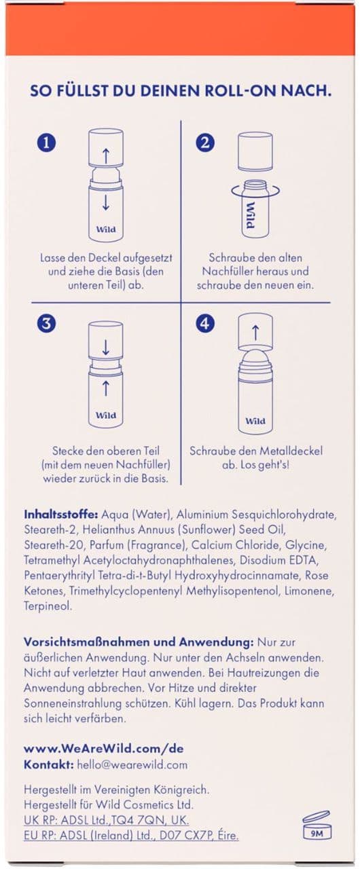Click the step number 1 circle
pos(47,143)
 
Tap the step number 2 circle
pos(205,143)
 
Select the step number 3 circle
pos(47,324)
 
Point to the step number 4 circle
pos(205,324)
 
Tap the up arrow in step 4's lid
pos(255,333)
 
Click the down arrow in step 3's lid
pos(105,347)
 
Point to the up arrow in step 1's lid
pos(105,155)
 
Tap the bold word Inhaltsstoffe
pos(61,515)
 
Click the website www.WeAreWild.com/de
pos(103,748)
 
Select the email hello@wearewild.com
pos(132,764)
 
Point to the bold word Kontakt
pos(48,764)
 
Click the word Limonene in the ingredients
pos(309,591)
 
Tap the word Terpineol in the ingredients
pos(48,606)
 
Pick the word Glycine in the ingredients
pos(306,545)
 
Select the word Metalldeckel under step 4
pos(291,451)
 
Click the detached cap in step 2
pos(255,151)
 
